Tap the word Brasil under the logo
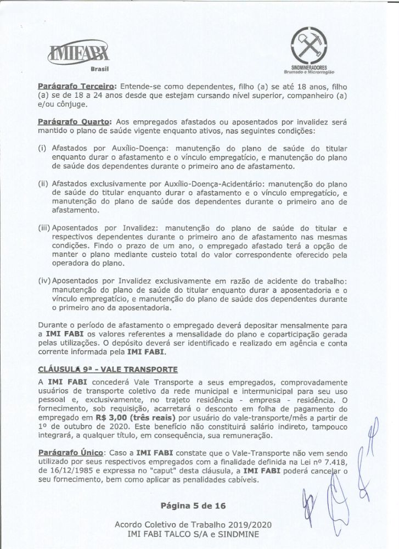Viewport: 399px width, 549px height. point(100,70)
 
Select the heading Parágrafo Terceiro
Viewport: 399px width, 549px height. point(76,86)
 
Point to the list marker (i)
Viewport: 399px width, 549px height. point(42,148)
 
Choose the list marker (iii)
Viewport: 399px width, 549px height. point(44,227)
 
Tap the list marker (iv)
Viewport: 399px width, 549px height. point(44,281)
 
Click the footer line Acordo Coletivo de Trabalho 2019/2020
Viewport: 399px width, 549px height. point(199,524)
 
